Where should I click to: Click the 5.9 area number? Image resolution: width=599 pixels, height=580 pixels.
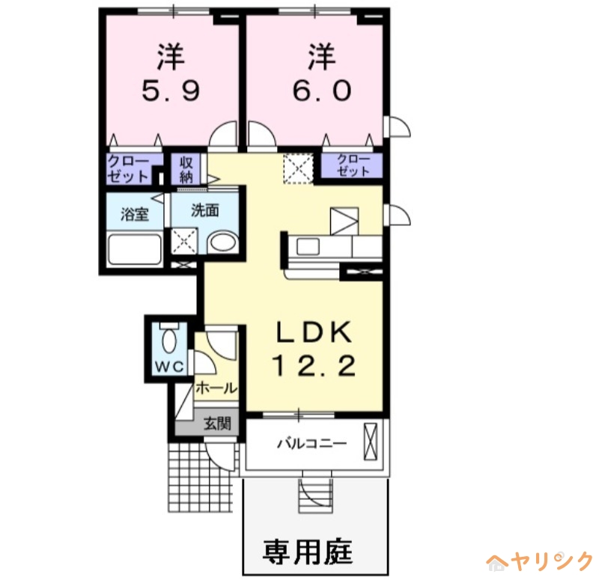pyautogui.click(x=171, y=91)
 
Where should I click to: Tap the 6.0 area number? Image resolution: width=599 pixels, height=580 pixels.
pyautogui.click(x=320, y=91)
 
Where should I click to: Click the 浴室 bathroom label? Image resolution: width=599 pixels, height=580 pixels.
pyautogui.click(x=135, y=213)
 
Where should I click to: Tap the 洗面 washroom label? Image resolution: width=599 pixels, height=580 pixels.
pyautogui.click(x=204, y=210)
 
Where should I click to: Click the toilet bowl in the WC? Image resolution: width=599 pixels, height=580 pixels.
pyautogui.click(x=168, y=341)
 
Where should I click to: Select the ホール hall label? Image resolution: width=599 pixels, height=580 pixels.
pyautogui.click(x=216, y=388)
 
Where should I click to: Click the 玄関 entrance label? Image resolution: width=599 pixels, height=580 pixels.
pyautogui.click(x=218, y=424)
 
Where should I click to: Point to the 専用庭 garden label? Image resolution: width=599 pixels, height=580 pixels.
pyautogui.click(x=308, y=553)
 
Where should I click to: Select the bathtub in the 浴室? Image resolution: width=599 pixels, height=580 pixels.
pyautogui.click(x=135, y=248)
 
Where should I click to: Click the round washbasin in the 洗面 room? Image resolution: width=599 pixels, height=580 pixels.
pyautogui.click(x=221, y=243)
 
